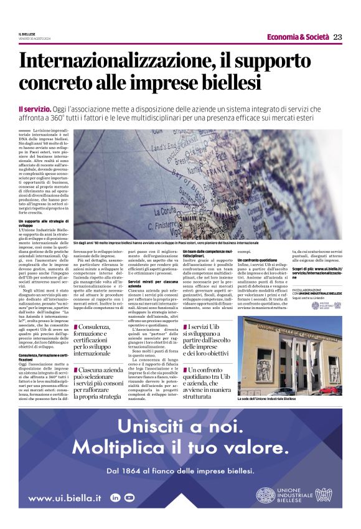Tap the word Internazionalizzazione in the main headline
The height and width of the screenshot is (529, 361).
[x=116, y=63]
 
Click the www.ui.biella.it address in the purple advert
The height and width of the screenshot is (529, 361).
[x=65, y=498]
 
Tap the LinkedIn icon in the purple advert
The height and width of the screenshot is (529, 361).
[x=115, y=497]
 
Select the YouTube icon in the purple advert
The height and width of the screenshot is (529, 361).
[x=129, y=497]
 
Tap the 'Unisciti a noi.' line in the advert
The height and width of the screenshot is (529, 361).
[x=180, y=427]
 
